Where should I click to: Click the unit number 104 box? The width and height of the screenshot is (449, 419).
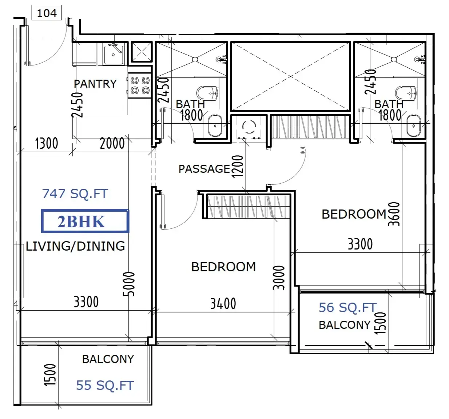(47, 12)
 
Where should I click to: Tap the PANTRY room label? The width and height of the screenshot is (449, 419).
(95, 84)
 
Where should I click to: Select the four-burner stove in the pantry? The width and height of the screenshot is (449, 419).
(140, 85)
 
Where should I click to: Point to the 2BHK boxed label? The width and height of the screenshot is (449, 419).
(85, 221)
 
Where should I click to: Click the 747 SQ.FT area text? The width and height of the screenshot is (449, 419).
(75, 194)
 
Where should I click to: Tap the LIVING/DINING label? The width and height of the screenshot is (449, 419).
(75, 246)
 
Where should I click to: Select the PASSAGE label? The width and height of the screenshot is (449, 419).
(204, 169)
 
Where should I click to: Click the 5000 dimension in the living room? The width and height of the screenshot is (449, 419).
(129, 284)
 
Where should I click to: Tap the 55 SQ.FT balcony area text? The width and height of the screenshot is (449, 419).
(105, 386)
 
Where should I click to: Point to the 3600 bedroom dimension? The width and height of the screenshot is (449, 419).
(394, 214)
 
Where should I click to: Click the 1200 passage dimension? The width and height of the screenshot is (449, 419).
(238, 167)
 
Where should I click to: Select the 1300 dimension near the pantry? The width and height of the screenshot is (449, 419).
(46, 143)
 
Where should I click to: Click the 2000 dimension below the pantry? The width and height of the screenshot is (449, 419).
(112, 143)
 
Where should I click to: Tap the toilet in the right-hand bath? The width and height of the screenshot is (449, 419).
(406, 93)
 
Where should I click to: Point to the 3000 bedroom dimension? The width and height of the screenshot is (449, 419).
(279, 278)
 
